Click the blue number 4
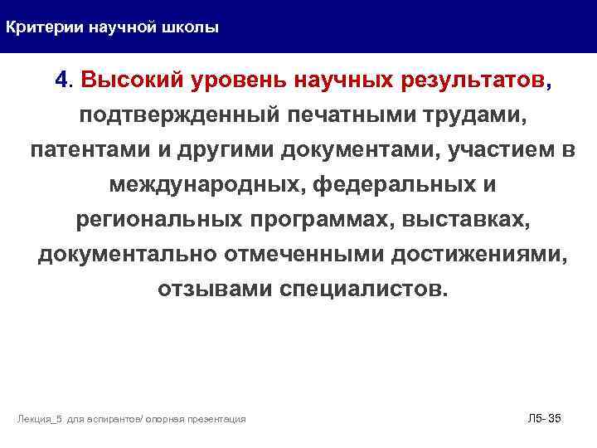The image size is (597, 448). pos(61,80)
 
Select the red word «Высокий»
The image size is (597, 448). pos(132,80)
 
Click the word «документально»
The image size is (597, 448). pos(127,256)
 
